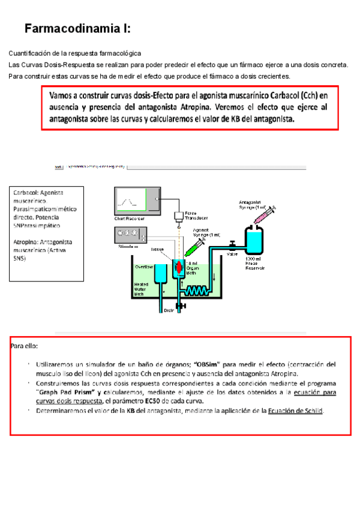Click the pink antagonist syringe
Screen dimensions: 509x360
pos(264,214)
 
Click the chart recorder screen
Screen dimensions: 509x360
pos(137,199)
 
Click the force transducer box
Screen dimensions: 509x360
pos(178,215)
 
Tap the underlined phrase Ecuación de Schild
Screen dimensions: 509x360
pos(295,411)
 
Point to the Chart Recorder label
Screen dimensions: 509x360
pos(129,219)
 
